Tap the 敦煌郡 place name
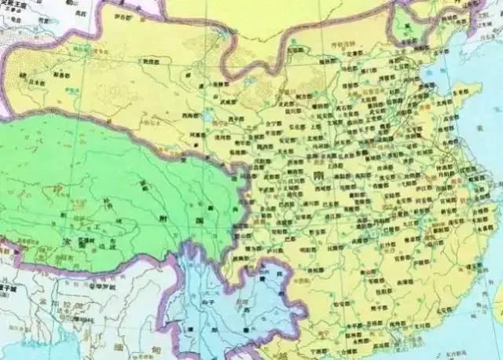[x=152, y=60]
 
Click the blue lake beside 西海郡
[x=206, y=118]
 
